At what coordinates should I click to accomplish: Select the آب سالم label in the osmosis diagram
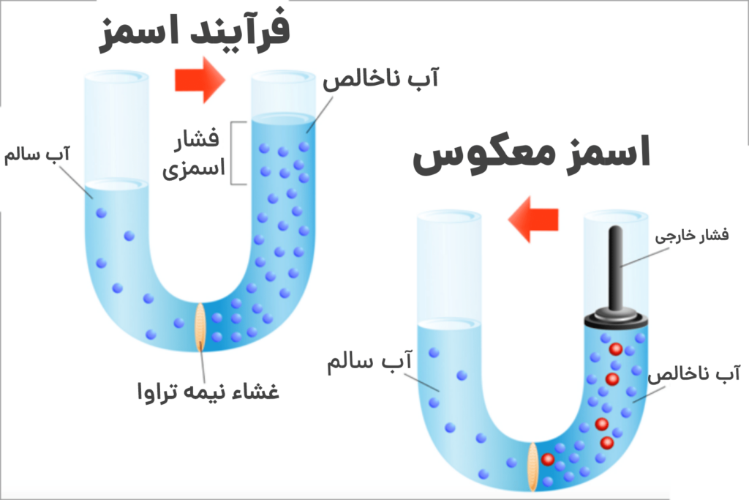coord(37,155)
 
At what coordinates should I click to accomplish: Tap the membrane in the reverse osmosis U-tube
coord(534,466)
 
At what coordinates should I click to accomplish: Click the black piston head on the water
coord(617,317)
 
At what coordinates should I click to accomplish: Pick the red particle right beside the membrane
coord(548,459)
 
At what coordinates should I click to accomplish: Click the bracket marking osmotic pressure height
coord(235,152)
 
